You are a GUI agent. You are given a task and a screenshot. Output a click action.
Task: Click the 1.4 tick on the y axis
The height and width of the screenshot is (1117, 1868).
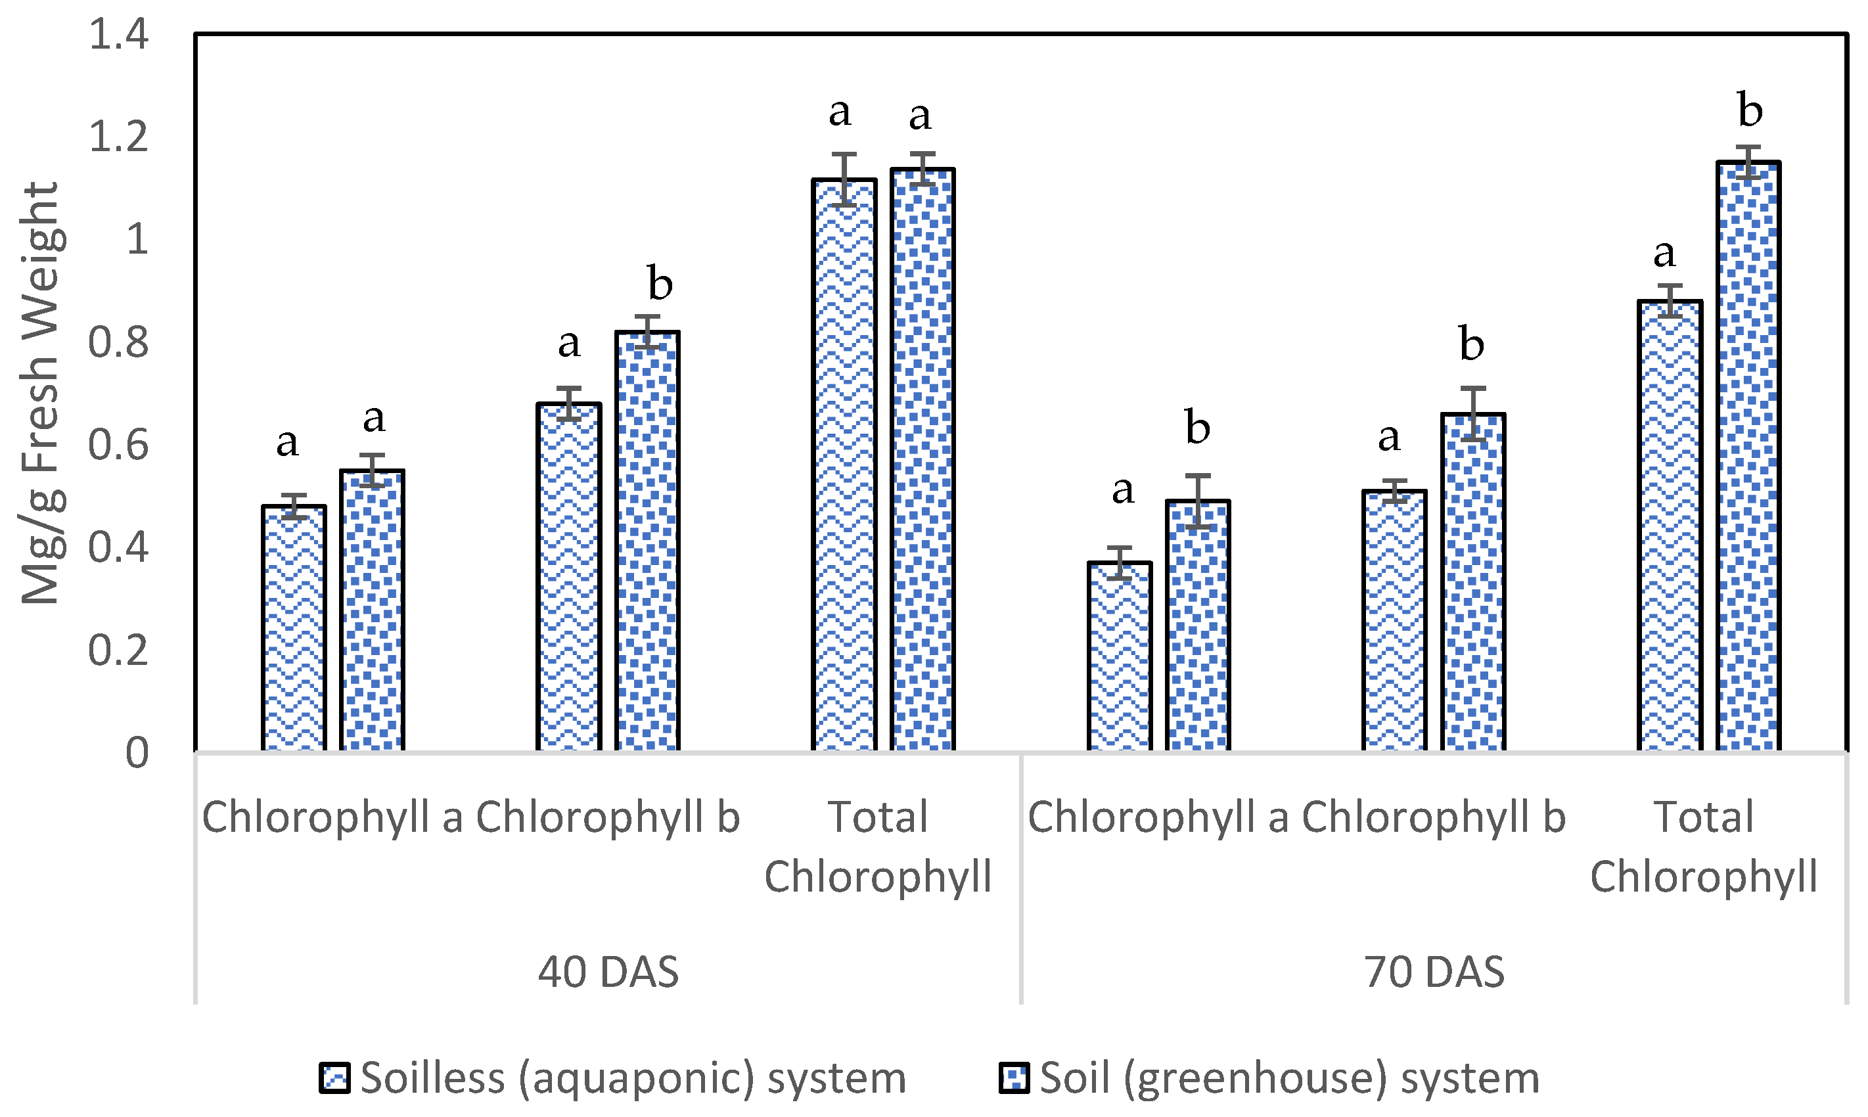[x=119, y=35]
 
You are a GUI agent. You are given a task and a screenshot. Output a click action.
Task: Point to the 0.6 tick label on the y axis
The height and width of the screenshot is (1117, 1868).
[x=119, y=445]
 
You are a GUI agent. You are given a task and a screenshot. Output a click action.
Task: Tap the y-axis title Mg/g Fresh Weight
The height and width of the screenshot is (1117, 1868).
[x=39, y=393]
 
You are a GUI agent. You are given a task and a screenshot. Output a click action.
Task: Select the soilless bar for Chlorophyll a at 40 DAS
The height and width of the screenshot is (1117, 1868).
[x=294, y=629]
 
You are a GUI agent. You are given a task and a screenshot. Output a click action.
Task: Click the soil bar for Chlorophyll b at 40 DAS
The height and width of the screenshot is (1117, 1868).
[x=647, y=542]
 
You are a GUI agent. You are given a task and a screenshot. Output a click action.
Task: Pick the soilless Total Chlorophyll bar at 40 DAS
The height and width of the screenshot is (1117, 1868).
[x=844, y=467]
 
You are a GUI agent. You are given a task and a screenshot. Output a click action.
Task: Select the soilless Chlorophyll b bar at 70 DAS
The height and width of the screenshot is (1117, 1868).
[x=1395, y=621]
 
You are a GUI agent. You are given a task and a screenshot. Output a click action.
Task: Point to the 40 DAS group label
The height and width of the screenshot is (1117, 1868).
[x=608, y=972]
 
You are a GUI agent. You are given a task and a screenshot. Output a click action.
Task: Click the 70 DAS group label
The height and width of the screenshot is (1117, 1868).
[x=1434, y=972]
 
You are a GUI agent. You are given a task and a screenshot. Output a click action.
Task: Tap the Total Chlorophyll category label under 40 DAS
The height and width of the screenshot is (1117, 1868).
[x=878, y=847]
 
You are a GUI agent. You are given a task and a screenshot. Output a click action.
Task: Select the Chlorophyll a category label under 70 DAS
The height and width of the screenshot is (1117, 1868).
[x=1158, y=817]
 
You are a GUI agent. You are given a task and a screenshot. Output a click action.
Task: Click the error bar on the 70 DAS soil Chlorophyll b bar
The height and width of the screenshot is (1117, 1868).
[x=1474, y=413]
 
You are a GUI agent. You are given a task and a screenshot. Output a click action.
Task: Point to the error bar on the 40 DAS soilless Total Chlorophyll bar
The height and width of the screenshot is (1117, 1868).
[x=844, y=179]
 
